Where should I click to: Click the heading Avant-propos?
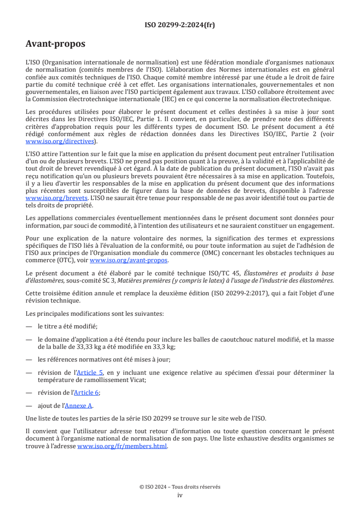coord(55,44)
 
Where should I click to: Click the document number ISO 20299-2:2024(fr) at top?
coord(180,25)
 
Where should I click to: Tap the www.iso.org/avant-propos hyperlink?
coord(128,260)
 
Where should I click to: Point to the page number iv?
coord(180,495)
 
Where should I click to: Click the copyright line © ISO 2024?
coord(180,487)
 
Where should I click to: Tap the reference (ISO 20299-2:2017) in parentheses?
coord(246,294)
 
